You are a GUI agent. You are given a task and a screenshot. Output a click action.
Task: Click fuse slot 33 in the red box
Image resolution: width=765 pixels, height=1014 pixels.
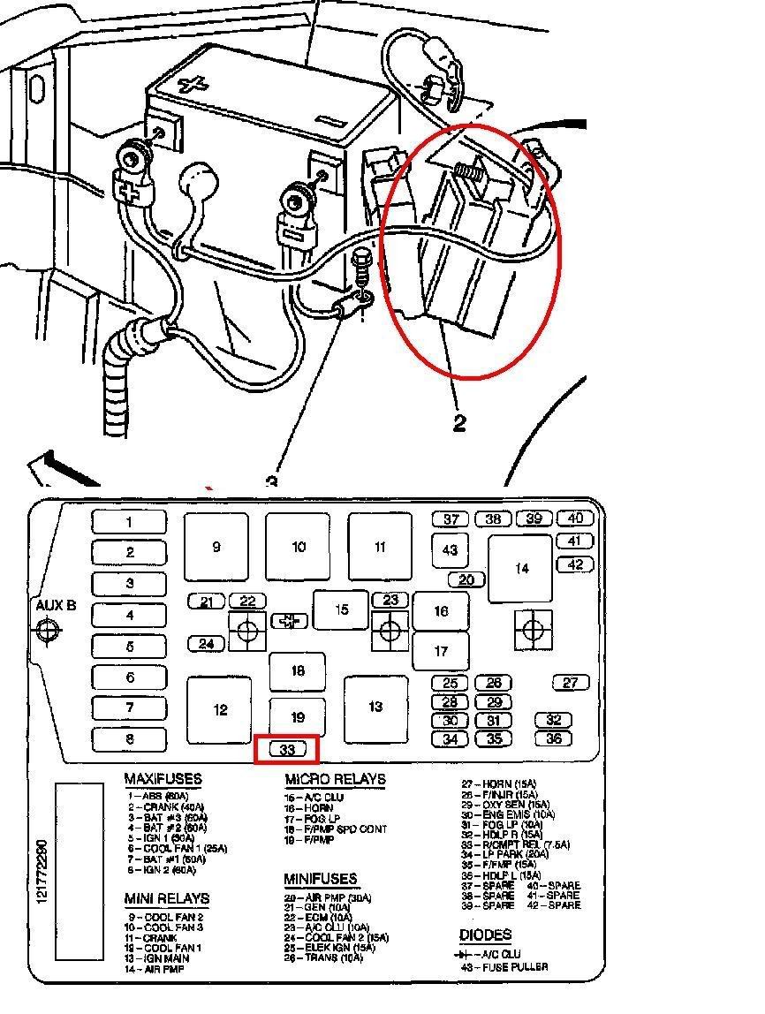click(x=286, y=750)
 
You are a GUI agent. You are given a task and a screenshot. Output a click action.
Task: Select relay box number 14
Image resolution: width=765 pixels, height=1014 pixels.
click(x=521, y=568)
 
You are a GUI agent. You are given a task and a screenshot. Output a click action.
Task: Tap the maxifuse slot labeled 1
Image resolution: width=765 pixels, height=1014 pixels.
click(x=129, y=522)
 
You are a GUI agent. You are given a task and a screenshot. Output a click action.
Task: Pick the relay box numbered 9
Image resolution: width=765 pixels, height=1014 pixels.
click(x=216, y=547)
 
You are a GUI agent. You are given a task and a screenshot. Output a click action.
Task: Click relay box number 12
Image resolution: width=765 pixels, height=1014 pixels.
click(x=220, y=709)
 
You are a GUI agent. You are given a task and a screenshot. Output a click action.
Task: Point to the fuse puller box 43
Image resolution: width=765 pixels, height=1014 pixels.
click(x=450, y=550)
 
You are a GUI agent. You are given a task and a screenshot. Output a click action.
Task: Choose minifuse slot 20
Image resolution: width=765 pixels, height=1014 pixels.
click(x=466, y=580)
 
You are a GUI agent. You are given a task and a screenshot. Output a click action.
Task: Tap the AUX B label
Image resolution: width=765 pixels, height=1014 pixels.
click(x=55, y=605)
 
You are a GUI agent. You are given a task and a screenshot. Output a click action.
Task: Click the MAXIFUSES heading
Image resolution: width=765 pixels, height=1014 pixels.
click(x=163, y=780)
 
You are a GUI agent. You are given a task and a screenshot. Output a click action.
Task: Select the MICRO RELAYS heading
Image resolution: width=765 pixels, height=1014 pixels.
click(x=335, y=780)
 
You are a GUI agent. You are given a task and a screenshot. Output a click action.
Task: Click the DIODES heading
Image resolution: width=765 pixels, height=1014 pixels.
click(x=485, y=935)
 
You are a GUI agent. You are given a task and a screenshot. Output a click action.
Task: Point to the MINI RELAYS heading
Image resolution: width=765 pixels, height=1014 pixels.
click(x=166, y=898)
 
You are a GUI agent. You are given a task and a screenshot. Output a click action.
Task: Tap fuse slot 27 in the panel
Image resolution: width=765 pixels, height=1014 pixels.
click(x=570, y=683)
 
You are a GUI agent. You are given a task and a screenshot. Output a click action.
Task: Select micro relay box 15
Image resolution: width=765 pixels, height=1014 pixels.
click(x=341, y=609)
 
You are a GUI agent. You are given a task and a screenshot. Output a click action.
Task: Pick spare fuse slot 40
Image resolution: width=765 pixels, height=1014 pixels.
click(x=575, y=518)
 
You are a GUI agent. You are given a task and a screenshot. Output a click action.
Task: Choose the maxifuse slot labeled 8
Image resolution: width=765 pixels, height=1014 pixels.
click(x=129, y=739)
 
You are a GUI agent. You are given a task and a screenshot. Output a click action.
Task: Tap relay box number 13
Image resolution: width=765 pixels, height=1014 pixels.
click(x=375, y=707)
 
